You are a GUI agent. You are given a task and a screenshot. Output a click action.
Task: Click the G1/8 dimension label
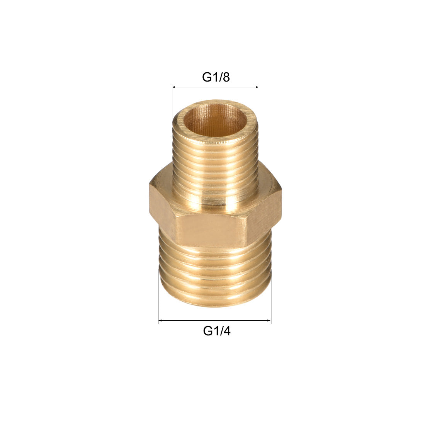[216, 78]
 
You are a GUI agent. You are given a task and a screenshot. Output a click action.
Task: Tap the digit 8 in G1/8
[226, 78]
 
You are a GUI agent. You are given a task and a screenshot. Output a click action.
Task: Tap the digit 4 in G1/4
[226, 331]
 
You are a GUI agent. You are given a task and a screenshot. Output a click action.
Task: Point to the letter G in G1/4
[208, 331]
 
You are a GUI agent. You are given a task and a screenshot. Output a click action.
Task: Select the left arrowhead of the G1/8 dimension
[174, 88]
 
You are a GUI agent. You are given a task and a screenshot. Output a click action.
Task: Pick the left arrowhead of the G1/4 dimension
[160, 321]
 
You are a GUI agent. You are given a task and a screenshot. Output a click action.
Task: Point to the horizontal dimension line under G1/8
[216, 88]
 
